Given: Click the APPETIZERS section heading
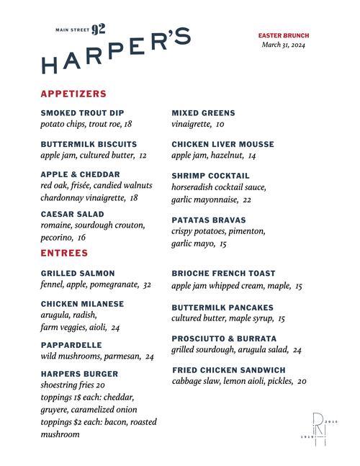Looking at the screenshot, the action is tap(73, 94).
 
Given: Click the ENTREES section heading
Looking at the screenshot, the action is tap(64, 254).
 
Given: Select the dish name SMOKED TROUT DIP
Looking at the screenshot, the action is tap(82, 113).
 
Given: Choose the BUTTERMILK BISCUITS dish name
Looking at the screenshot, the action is tap(89, 144).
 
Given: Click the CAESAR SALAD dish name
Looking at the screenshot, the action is tap(72, 214).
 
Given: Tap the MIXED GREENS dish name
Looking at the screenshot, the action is tap(203, 113).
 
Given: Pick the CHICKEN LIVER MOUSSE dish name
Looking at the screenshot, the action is tap(222, 144).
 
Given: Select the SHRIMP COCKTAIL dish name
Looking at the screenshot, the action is tap(210, 176).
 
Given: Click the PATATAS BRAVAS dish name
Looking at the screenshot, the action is tap(209, 220).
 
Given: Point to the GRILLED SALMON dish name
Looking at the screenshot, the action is tap(78, 274).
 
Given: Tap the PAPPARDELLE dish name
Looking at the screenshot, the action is tap(71, 345).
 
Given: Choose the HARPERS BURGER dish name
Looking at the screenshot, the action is tap(79, 375).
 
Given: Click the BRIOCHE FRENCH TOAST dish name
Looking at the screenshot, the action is tap(223, 274).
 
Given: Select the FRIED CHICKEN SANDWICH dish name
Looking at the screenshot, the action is tap(228, 370).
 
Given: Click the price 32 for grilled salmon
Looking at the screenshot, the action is tap(147, 285).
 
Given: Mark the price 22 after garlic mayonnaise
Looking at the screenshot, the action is tap(247, 200).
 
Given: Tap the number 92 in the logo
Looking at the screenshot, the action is tap(99, 30).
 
